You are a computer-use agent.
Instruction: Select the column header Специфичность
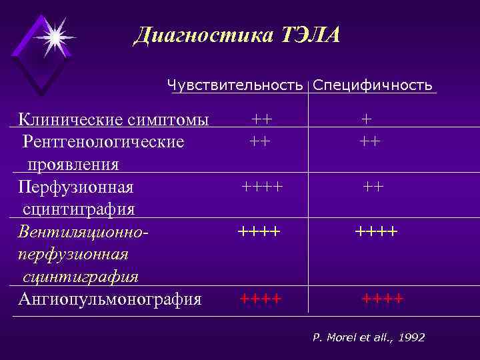(373, 85)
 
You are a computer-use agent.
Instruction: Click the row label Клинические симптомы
(113, 120)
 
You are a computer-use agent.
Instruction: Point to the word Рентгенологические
(103, 142)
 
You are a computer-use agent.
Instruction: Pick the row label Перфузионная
(76, 187)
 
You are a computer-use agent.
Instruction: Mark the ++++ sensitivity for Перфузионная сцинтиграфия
(262, 186)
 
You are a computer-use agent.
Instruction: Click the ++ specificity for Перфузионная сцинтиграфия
(373, 187)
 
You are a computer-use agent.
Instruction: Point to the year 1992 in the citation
(411, 338)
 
